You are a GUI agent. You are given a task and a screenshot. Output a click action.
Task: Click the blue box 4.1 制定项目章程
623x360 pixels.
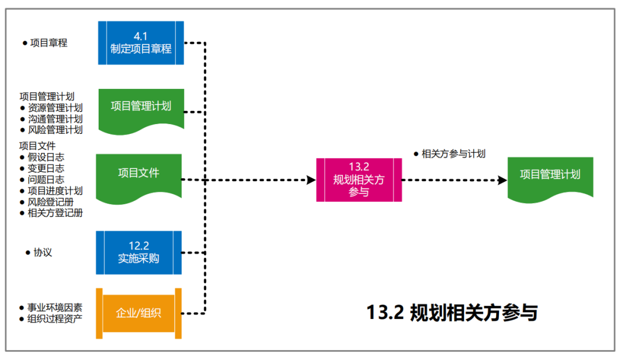pyautogui.click(x=141, y=43)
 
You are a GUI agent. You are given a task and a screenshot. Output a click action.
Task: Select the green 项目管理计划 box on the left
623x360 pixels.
pyautogui.click(x=141, y=107)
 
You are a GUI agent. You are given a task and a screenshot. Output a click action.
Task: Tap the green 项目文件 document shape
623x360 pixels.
pyautogui.click(x=138, y=173)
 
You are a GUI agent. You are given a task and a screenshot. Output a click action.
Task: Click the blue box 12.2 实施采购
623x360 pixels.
pyautogui.click(x=138, y=253)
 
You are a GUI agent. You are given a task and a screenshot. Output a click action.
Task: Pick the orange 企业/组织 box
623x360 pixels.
pyautogui.click(x=138, y=313)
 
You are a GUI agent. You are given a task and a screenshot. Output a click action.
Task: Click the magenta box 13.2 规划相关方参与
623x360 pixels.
pyautogui.click(x=358, y=179)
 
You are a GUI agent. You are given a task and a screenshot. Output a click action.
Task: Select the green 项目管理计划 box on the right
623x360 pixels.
pyautogui.click(x=550, y=175)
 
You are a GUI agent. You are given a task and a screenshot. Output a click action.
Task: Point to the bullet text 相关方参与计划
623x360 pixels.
pyautogui.click(x=453, y=153)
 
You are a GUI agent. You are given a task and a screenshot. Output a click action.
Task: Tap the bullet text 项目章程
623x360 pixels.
pyautogui.click(x=48, y=43)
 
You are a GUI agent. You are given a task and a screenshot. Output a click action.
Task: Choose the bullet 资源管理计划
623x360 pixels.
pyautogui.click(x=55, y=107)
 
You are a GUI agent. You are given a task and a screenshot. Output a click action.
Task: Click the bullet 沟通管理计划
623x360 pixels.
pyautogui.click(x=55, y=119)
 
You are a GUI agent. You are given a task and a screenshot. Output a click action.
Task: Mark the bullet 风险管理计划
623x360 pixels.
pyautogui.click(x=55, y=130)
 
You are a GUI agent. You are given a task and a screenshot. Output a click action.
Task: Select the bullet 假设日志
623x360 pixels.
pyautogui.click(x=46, y=157)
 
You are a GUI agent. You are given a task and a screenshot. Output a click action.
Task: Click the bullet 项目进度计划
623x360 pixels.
pyautogui.click(x=55, y=190)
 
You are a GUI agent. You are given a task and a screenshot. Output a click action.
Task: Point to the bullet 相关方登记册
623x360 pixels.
pyautogui.click(x=55, y=213)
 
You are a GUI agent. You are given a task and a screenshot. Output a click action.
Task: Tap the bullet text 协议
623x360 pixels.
pyautogui.click(x=43, y=253)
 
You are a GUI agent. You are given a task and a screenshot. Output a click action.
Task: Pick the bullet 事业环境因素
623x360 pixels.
pyautogui.click(x=55, y=307)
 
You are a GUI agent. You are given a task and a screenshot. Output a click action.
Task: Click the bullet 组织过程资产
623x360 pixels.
pyautogui.click(x=55, y=318)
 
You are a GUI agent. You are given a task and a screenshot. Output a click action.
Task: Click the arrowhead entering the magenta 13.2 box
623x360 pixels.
pyautogui.click(x=311, y=180)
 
